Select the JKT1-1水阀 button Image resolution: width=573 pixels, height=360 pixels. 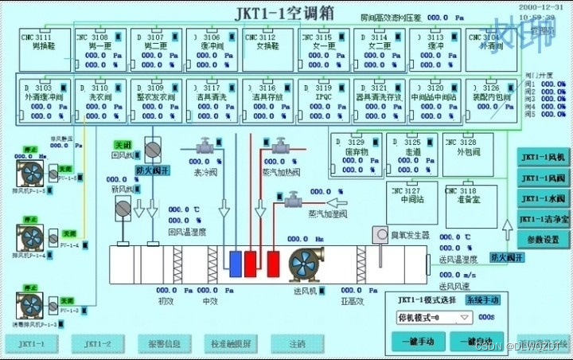point(542,198)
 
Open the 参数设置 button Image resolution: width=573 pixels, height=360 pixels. point(542,239)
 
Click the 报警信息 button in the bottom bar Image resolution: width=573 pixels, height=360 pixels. point(165,343)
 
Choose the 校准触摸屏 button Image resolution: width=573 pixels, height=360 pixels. point(230,343)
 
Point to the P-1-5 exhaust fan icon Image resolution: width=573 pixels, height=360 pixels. point(31,174)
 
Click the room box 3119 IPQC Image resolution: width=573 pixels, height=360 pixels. point(324,99)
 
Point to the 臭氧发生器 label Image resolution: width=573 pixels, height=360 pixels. point(409,235)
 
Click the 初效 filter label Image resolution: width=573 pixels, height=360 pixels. point(165,301)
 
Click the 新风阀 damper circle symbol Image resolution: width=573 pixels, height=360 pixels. point(123,208)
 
